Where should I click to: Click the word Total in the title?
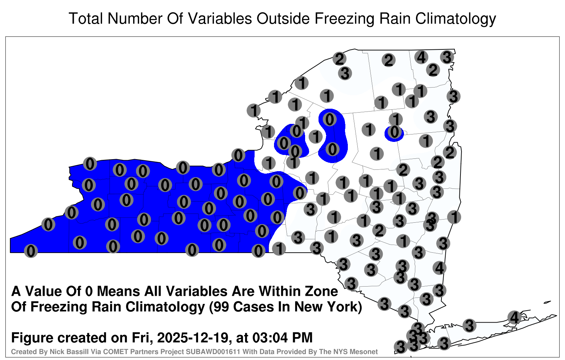pos(86,18)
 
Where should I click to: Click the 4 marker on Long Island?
pos(514,317)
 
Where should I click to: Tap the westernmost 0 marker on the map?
pos(31,251)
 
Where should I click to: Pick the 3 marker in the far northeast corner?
pos(447,57)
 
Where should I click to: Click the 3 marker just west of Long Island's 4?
pos(469,325)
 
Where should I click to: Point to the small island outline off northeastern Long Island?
pos(547,302)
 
